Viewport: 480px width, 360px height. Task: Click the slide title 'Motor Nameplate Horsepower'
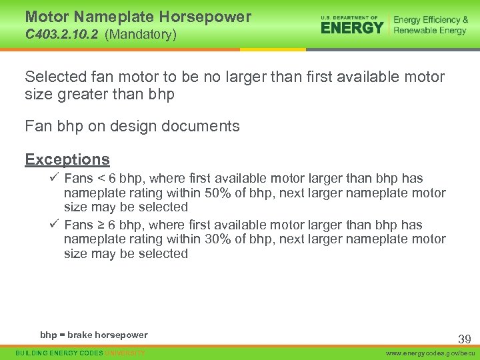[x=138, y=17]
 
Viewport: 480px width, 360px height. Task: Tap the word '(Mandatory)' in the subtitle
[x=141, y=33]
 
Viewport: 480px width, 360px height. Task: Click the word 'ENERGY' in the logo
[x=352, y=27]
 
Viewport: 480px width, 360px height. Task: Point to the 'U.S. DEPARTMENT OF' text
[x=349, y=17]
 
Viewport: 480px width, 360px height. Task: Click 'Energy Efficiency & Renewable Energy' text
[x=431, y=25]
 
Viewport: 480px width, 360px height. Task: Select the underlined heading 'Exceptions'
[x=67, y=159]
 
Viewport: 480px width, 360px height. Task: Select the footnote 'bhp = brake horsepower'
[x=94, y=335]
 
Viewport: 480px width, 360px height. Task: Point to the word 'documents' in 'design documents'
[x=204, y=126]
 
